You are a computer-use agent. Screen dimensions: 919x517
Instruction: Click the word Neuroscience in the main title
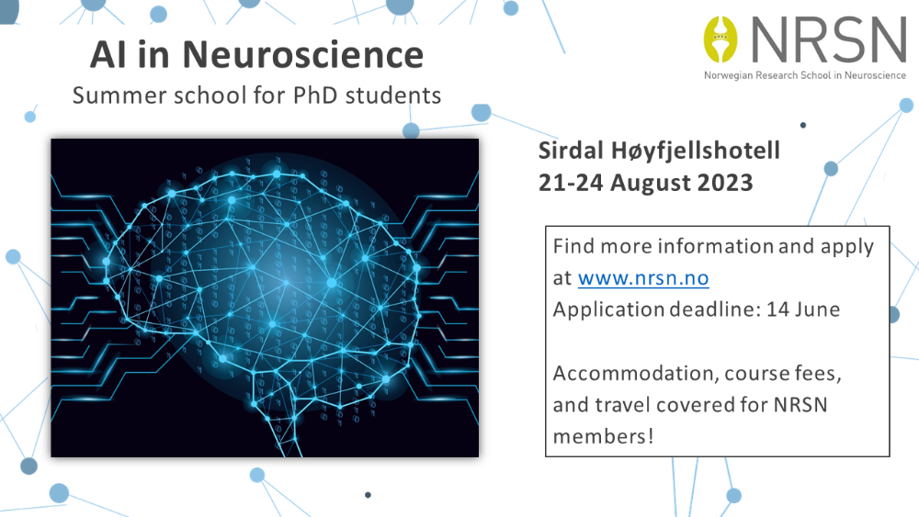pos(303,54)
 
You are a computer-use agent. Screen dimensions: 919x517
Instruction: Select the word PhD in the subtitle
pos(314,95)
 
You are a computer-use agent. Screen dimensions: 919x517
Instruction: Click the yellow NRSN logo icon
pos(720,39)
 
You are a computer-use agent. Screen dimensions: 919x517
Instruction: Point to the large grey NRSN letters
pos(829,39)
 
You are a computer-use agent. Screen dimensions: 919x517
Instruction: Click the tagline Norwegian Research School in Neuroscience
pos(805,75)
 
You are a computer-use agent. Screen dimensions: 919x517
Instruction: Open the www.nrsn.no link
pos(643,277)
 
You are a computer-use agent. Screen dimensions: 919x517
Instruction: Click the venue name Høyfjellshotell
pos(696,152)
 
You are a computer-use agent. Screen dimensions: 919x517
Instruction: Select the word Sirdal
pos(571,151)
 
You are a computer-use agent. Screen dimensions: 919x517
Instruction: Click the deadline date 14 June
pos(803,309)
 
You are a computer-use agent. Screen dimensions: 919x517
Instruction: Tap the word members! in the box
pos(603,436)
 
